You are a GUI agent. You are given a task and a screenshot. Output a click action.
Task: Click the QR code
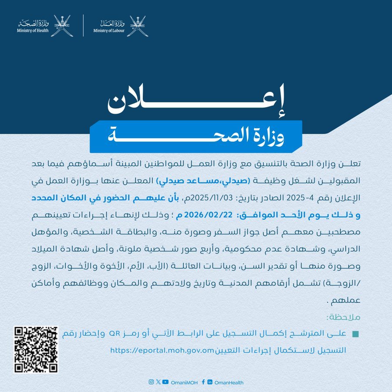[x=36, y=350]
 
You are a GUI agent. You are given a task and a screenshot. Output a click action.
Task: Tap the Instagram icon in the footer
[x=151, y=382]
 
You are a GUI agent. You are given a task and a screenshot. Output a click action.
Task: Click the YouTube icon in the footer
[x=165, y=382]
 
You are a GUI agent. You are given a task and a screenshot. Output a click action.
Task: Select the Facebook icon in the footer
[x=203, y=382]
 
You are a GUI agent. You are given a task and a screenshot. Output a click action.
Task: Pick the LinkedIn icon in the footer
[x=210, y=382]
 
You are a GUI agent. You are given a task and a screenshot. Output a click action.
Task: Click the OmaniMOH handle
[x=185, y=382]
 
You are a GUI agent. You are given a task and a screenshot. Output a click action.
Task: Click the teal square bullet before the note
[x=355, y=334]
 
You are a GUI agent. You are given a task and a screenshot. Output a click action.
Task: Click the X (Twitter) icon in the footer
[x=158, y=382]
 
